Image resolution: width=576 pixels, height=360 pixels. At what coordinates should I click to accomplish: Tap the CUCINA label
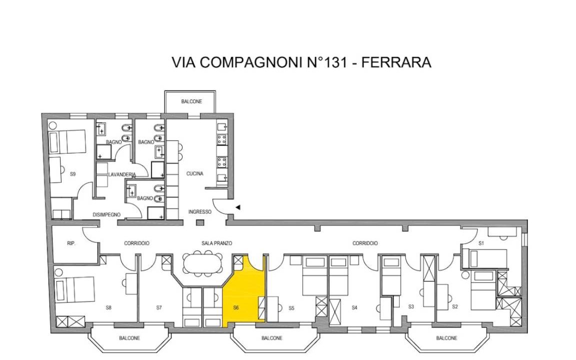194,174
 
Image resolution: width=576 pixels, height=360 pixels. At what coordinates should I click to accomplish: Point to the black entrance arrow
237,207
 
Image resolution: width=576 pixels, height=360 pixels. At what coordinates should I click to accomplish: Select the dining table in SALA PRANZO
202,263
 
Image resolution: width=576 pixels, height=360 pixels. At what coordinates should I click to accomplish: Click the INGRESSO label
200,212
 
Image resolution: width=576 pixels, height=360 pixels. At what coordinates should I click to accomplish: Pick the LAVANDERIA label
122,175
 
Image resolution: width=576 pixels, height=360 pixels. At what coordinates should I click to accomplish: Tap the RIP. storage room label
71,243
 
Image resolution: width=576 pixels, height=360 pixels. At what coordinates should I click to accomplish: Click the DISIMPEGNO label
106,214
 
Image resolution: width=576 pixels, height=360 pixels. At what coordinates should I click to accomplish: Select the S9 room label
72,174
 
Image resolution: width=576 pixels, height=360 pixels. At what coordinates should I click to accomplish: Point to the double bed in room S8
75,289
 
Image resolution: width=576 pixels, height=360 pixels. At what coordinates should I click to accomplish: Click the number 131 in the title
334,62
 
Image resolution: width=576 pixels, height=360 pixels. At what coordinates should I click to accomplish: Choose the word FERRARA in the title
396,62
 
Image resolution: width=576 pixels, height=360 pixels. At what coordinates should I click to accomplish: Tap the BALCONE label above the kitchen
191,101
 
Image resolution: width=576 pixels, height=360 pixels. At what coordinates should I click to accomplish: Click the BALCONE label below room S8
129,338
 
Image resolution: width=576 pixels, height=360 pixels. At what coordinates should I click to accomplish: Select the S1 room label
481,243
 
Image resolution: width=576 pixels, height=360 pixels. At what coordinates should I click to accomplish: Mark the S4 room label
354,308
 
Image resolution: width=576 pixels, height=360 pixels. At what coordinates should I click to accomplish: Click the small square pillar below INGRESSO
200,222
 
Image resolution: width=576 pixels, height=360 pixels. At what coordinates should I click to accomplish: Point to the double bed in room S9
67,142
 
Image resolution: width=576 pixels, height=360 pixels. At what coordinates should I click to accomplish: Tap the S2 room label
455,306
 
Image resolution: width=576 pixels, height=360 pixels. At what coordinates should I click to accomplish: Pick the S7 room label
158,308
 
